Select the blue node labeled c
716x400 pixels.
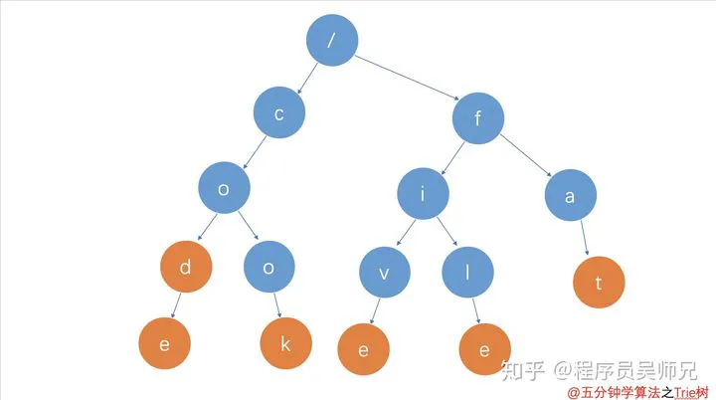(x=279, y=114)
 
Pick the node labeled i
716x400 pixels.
(x=423, y=194)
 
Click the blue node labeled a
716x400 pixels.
(x=570, y=196)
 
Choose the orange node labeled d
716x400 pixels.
(x=185, y=268)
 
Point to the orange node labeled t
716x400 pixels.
(x=598, y=282)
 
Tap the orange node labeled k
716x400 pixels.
(x=286, y=343)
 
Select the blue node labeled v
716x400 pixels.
(x=385, y=273)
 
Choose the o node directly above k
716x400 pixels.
(x=268, y=269)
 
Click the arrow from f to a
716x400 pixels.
(x=526, y=159)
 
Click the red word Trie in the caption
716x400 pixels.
(x=684, y=392)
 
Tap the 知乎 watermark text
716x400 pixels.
(x=525, y=370)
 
